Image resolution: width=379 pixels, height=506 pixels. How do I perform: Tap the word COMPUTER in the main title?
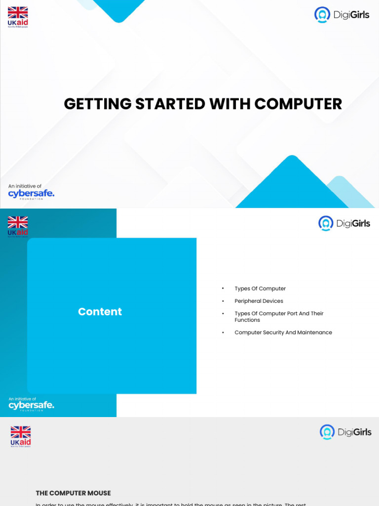[x=298, y=104]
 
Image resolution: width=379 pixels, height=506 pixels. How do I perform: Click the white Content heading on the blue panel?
[x=100, y=312]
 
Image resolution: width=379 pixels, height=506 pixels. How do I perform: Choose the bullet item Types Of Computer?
[x=260, y=289]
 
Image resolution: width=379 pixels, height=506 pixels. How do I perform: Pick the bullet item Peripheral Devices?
[x=259, y=301]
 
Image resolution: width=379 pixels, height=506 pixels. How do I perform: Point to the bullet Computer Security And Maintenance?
[x=283, y=333]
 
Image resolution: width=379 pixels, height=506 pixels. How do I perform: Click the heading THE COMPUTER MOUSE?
[x=73, y=493]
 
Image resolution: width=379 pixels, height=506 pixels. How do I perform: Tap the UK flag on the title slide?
[x=18, y=13]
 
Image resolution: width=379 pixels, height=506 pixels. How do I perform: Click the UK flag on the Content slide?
[x=18, y=222]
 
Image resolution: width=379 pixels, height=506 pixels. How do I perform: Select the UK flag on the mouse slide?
[x=21, y=432]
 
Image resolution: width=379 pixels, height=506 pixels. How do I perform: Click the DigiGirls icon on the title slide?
[x=322, y=15]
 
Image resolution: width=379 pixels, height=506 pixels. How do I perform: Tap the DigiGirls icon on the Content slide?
[x=326, y=223]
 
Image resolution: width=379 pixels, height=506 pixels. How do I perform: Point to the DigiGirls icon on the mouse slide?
[x=327, y=432]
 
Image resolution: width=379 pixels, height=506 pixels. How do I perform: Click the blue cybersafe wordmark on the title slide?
[x=31, y=194]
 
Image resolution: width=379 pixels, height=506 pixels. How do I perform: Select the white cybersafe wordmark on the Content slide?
[x=31, y=405]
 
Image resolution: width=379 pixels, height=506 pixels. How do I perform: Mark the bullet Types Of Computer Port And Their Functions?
[x=279, y=317]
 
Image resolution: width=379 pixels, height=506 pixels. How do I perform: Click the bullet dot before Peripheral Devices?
[x=223, y=301]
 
